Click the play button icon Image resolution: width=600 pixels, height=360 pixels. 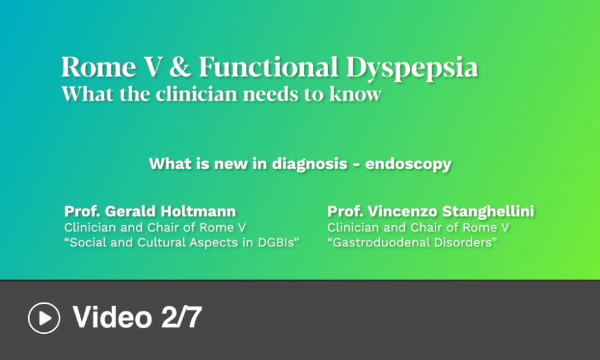tap(44, 318)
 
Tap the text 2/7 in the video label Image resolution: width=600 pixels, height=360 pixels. tap(181, 317)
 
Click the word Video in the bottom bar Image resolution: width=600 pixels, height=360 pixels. tap(112, 317)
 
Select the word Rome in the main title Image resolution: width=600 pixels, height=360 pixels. tap(99, 67)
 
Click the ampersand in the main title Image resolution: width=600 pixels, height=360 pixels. tap(180, 67)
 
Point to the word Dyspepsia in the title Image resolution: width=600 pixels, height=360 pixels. tap(412, 69)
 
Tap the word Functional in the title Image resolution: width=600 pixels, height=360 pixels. tap(269, 67)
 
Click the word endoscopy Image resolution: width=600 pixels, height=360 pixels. tap(409, 165)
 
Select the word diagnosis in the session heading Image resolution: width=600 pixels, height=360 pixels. tap(310, 164)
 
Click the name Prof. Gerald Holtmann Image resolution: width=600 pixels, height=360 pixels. tap(150, 211)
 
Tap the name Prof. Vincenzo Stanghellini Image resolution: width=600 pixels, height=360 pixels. tap(431, 211)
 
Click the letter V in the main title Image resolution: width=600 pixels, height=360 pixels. tap(153, 67)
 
